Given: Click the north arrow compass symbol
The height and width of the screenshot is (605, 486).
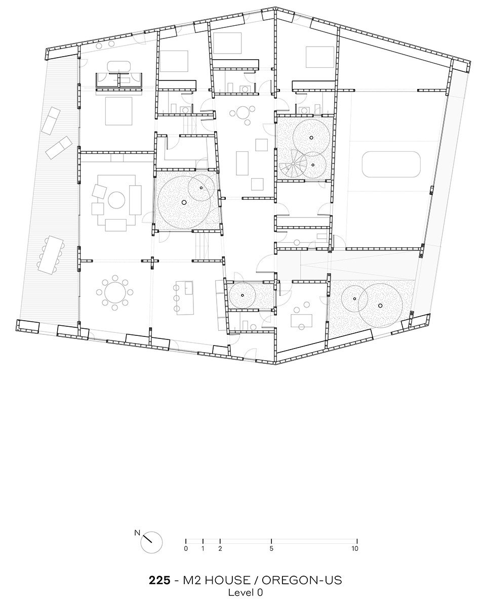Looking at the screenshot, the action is (151, 542).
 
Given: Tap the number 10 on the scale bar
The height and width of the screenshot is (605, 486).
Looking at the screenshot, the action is (355, 548).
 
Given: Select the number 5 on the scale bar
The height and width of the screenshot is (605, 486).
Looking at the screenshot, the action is (271, 548).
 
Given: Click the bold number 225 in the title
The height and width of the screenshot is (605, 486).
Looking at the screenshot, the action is (159, 580).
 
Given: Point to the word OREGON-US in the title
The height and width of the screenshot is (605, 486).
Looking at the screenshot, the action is (302, 580).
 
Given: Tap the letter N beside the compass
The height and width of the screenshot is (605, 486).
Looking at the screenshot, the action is (137, 533).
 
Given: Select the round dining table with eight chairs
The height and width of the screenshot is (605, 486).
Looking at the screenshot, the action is (115, 291).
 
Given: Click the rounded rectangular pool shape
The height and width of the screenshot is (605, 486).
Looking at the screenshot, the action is (391, 164).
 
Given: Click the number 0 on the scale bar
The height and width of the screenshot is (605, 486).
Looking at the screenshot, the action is (186, 548).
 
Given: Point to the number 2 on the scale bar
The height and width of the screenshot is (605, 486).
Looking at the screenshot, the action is (220, 548).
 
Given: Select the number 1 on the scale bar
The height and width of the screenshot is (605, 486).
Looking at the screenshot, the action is (202, 548).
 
